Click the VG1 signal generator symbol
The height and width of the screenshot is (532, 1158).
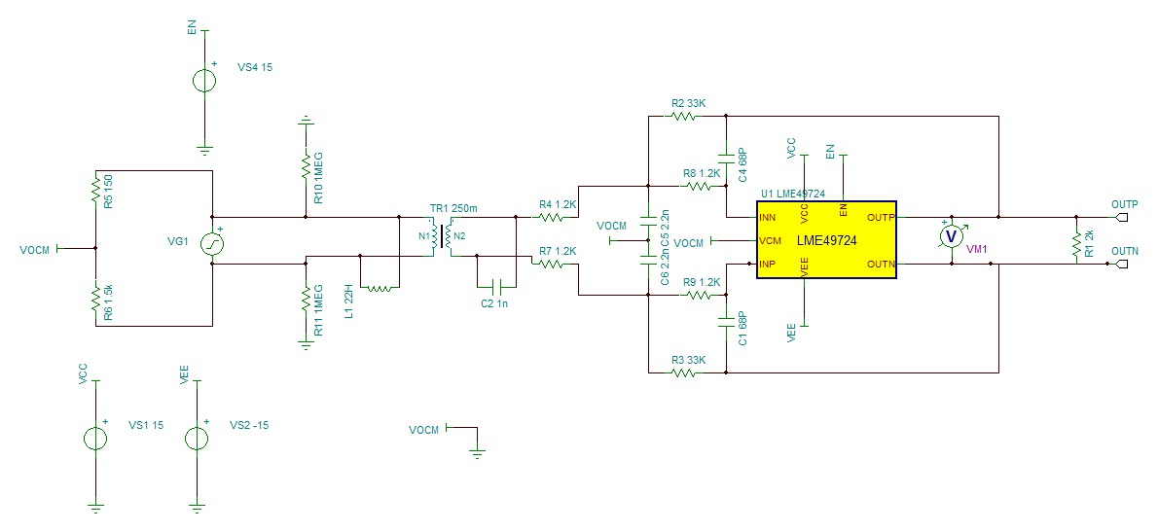point(212,242)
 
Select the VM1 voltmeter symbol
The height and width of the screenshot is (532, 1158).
point(952,235)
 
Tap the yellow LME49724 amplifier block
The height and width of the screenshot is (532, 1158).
point(825,240)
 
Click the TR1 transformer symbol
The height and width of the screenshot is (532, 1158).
point(442,237)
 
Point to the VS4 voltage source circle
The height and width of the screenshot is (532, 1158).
point(204,81)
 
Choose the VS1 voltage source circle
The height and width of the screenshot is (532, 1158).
point(95,439)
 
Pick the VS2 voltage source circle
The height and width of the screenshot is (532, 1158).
point(197,439)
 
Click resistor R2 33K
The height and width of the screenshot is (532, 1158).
point(683,116)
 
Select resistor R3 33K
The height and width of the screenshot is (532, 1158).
point(683,372)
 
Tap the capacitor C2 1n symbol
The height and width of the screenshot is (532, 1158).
point(496,286)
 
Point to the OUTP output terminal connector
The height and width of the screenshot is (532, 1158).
point(1121,218)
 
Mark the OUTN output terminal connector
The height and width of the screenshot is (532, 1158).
point(1121,265)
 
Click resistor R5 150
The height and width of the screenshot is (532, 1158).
point(95,188)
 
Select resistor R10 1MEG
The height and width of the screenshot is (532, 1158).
point(305,166)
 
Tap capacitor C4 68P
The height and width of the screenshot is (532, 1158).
point(727,157)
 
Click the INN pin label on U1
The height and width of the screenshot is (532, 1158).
point(768,219)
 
